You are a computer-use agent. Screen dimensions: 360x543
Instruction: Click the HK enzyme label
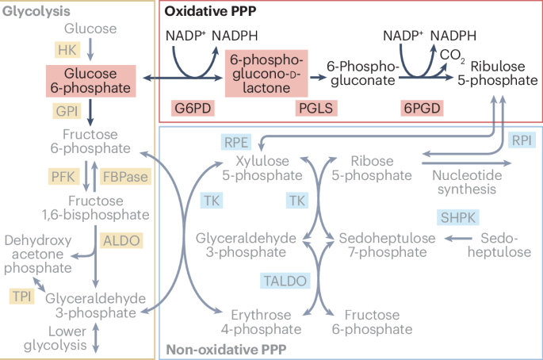point(66,50)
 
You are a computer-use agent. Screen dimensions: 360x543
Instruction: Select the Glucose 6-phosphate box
point(90,80)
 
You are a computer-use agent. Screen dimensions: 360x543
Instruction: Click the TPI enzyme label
point(21,296)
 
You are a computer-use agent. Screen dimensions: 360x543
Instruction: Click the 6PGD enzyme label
point(421,108)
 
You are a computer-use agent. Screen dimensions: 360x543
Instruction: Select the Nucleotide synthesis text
point(465,181)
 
